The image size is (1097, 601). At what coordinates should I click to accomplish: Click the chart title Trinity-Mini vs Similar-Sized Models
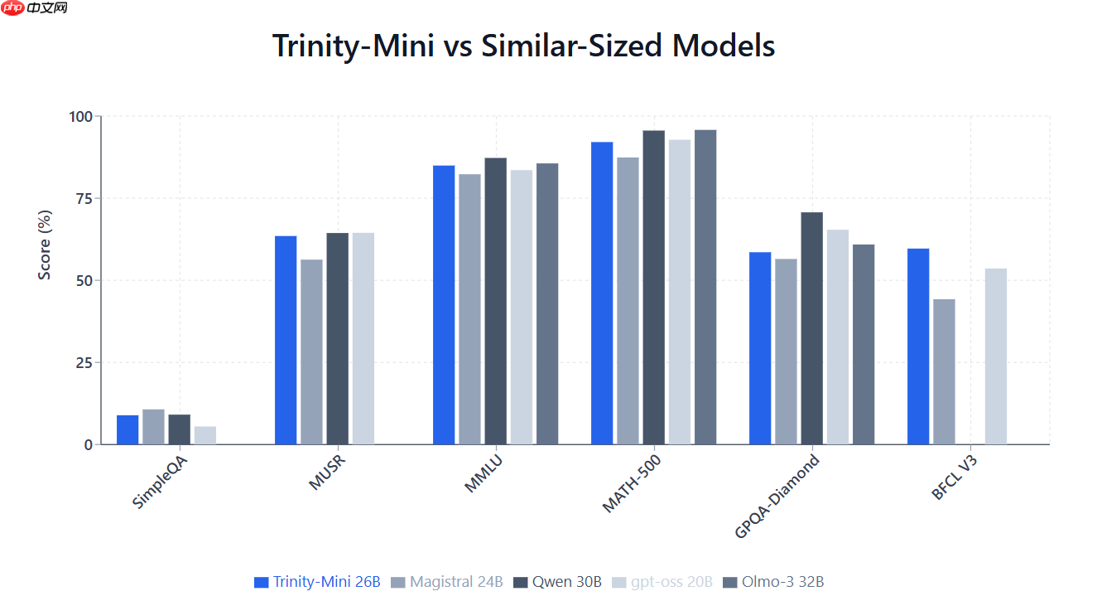pos(523,46)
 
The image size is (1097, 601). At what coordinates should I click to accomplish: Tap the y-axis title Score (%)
pos(45,245)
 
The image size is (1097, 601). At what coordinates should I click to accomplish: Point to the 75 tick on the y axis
pos(81,198)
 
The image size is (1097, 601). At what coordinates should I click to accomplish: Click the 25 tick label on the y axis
pos(81,362)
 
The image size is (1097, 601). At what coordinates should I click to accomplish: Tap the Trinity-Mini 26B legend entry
pos(318,582)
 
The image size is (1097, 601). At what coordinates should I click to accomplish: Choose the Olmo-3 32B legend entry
pos(774,582)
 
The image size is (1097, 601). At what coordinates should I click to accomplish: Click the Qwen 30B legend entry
pos(559,582)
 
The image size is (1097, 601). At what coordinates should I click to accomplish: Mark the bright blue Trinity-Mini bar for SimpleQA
pos(128,429)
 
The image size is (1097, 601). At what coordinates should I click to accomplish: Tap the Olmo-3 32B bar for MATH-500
pos(705,287)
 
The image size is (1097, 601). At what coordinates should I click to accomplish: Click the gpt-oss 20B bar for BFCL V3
pos(996,356)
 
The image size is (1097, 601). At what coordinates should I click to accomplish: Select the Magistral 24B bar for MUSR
pos(311,351)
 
